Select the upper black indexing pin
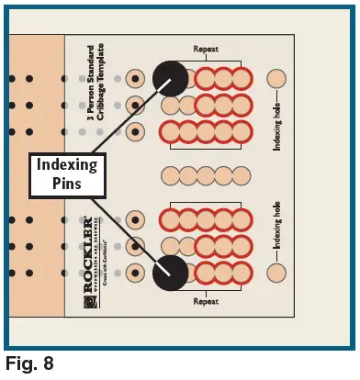coord(170,79)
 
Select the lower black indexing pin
coord(170,273)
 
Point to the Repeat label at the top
coord(206,50)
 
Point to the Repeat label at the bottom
coord(206,301)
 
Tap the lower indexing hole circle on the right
coord(276,273)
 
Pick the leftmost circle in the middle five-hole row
coord(170,175)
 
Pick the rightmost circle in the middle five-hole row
coord(242,175)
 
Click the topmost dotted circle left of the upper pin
coord(135,79)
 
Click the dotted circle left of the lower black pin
coord(135,273)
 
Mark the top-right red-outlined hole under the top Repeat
coord(242,79)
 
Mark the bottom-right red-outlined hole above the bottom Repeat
coord(242,273)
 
